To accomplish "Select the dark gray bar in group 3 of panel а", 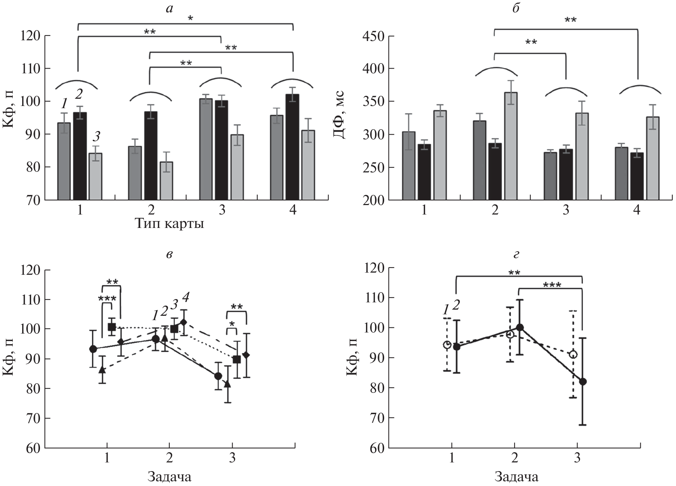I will coord(206,149).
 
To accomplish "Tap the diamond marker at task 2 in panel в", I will coord(184,322).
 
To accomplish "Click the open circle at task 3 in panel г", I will coord(573,355).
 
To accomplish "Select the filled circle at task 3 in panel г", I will coord(583,381).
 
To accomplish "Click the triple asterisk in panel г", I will coord(551,285).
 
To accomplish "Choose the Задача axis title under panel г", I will coord(516,476).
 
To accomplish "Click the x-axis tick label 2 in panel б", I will coord(494,211).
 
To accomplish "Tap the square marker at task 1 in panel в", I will coord(112,327).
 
